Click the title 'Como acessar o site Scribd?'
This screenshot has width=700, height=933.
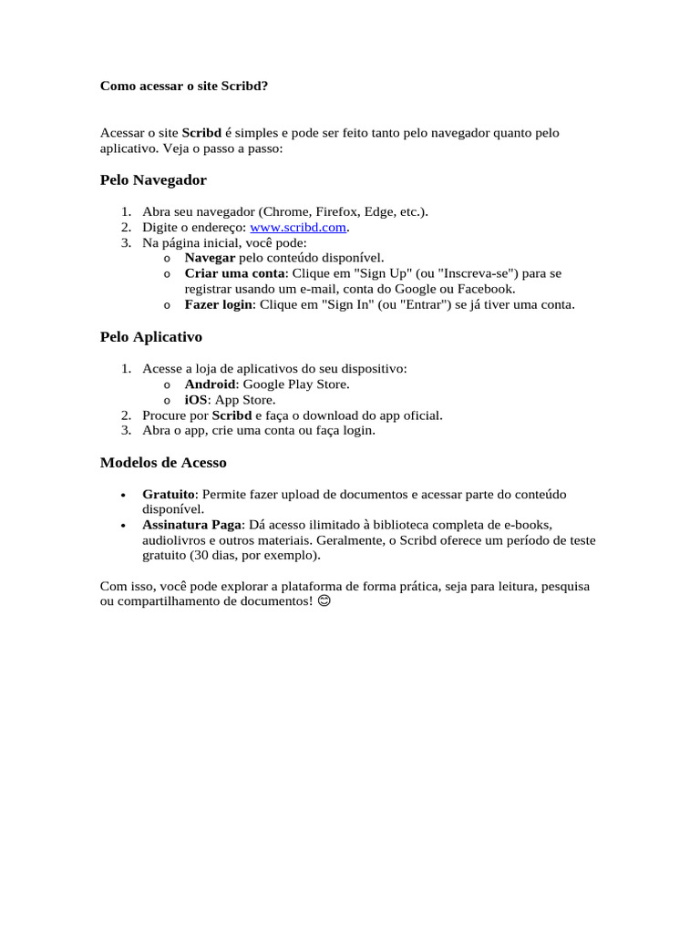pos(184,86)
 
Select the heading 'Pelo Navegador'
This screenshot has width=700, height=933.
pos(153,179)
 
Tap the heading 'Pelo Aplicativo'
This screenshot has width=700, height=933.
pos(150,336)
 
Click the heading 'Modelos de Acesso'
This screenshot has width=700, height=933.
pos(162,462)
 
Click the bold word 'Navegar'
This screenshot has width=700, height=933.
pos(210,258)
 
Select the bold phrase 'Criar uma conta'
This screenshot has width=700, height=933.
pos(234,273)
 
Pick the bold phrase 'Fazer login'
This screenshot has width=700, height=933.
pos(219,304)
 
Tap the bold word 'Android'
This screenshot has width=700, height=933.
pos(210,384)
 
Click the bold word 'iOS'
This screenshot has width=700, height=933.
pos(197,399)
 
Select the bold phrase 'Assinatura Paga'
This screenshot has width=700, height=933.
pos(191,525)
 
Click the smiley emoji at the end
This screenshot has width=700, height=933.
pos(324,602)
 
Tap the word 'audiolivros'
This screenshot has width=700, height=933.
pos(176,540)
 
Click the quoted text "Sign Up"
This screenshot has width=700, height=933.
pos(365,273)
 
